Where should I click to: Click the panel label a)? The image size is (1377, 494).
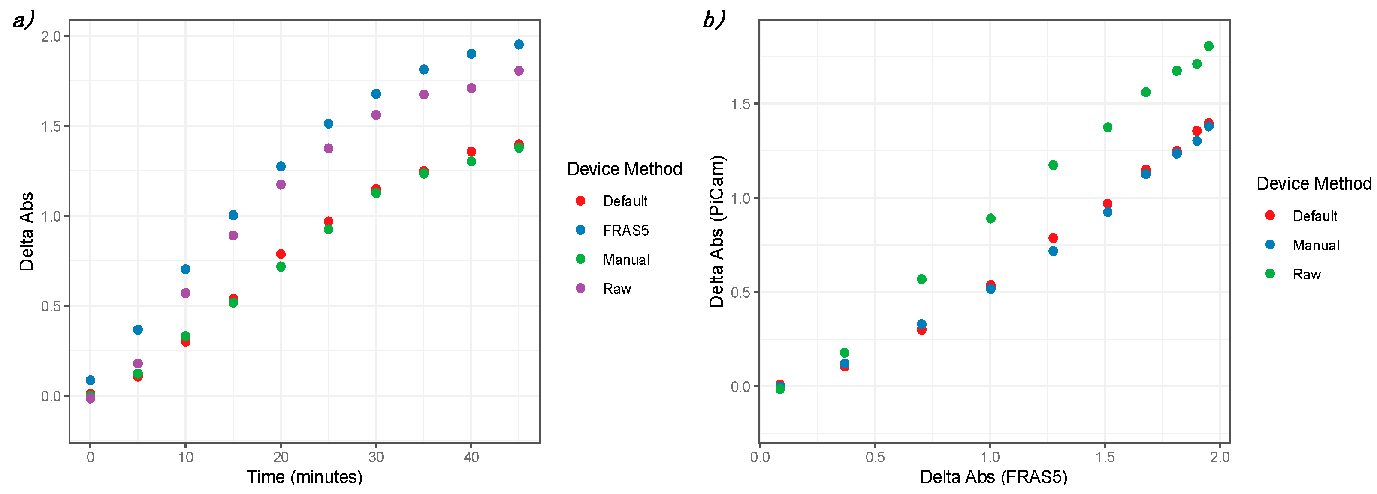23,21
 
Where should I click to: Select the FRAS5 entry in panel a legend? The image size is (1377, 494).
625,230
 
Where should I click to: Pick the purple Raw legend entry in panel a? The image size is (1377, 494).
616,289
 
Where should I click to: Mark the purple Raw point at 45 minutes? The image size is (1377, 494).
519,71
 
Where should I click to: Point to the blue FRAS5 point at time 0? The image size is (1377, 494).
91,380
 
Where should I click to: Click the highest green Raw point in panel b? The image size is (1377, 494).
1208,46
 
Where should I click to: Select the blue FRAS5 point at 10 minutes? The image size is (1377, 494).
185,269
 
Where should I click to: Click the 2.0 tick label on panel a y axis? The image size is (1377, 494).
51,36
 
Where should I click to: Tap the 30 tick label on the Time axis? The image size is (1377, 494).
376,457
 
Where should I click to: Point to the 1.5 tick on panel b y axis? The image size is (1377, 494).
741,104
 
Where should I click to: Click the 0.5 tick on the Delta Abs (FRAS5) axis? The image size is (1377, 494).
875,457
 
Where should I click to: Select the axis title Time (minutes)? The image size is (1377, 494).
304,477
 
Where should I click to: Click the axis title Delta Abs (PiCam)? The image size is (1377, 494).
716,231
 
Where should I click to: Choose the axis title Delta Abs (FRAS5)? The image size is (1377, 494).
993,477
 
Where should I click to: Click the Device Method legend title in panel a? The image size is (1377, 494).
624,169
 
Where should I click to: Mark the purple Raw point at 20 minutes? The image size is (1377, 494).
281,185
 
